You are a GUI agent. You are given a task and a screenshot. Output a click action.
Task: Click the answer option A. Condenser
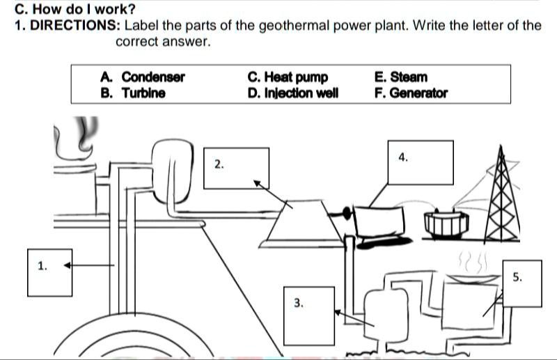coord(143,77)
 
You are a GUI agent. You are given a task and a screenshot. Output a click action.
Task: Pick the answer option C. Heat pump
coord(287,77)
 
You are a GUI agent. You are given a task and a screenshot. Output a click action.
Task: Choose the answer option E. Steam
coord(400,77)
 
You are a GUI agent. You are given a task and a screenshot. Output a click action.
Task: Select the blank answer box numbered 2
coord(236,168)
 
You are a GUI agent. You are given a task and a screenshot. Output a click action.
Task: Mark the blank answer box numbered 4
coord(421,162)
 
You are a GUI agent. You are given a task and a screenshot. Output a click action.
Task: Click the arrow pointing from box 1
coord(91,265)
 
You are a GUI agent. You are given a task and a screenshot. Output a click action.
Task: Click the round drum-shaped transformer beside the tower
coord(444,223)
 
